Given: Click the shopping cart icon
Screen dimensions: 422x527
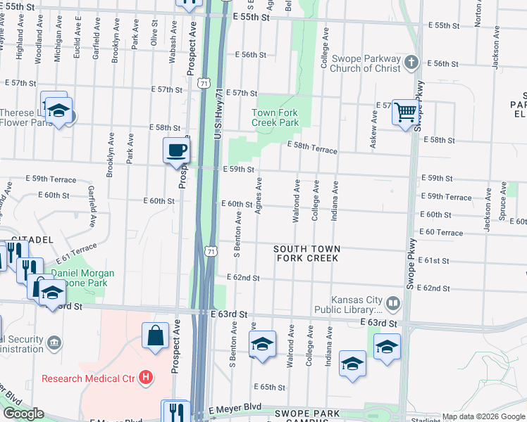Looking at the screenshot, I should [405, 112].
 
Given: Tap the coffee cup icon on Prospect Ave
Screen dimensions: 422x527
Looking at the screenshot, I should [175, 150].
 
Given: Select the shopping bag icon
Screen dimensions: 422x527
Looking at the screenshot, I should [155, 335].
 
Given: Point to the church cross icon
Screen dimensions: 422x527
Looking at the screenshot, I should [412, 63].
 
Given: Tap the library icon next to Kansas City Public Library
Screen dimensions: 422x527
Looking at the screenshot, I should [392, 304].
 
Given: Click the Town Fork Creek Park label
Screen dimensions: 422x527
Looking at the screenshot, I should [275, 117].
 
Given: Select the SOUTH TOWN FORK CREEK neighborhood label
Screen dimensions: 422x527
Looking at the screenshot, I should [306, 253].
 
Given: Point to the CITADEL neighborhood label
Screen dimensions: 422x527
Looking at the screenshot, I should [31, 239].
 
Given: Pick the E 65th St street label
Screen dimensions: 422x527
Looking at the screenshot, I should [272, 387].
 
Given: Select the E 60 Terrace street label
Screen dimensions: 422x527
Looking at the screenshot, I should [440, 232].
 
